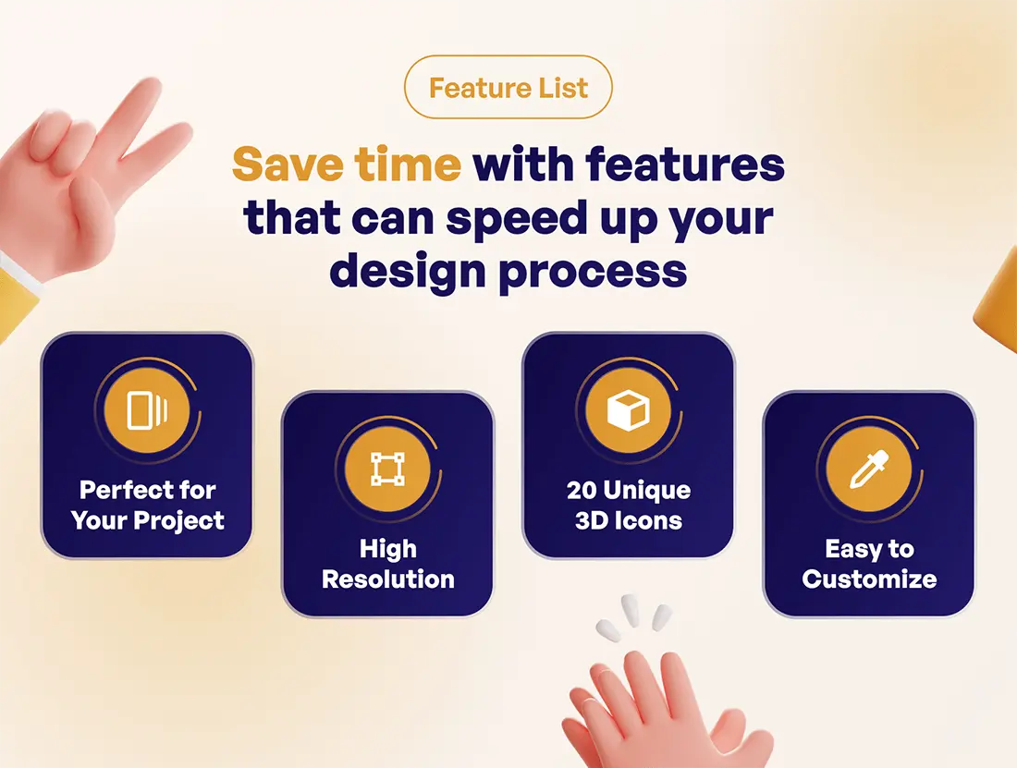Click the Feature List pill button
click(x=508, y=87)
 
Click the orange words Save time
click(x=347, y=164)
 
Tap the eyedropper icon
click(x=868, y=469)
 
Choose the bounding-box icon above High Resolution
click(x=388, y=469)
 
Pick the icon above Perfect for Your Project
click(x=147, y=410)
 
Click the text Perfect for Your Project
click(x=148, y=506)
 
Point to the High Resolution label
click(x=388, y=564)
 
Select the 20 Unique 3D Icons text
click(x=629, y=506)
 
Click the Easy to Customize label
click(x=869, y=564)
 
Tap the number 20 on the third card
click(x=582, y=491)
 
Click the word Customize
click(x=869, y=579)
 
